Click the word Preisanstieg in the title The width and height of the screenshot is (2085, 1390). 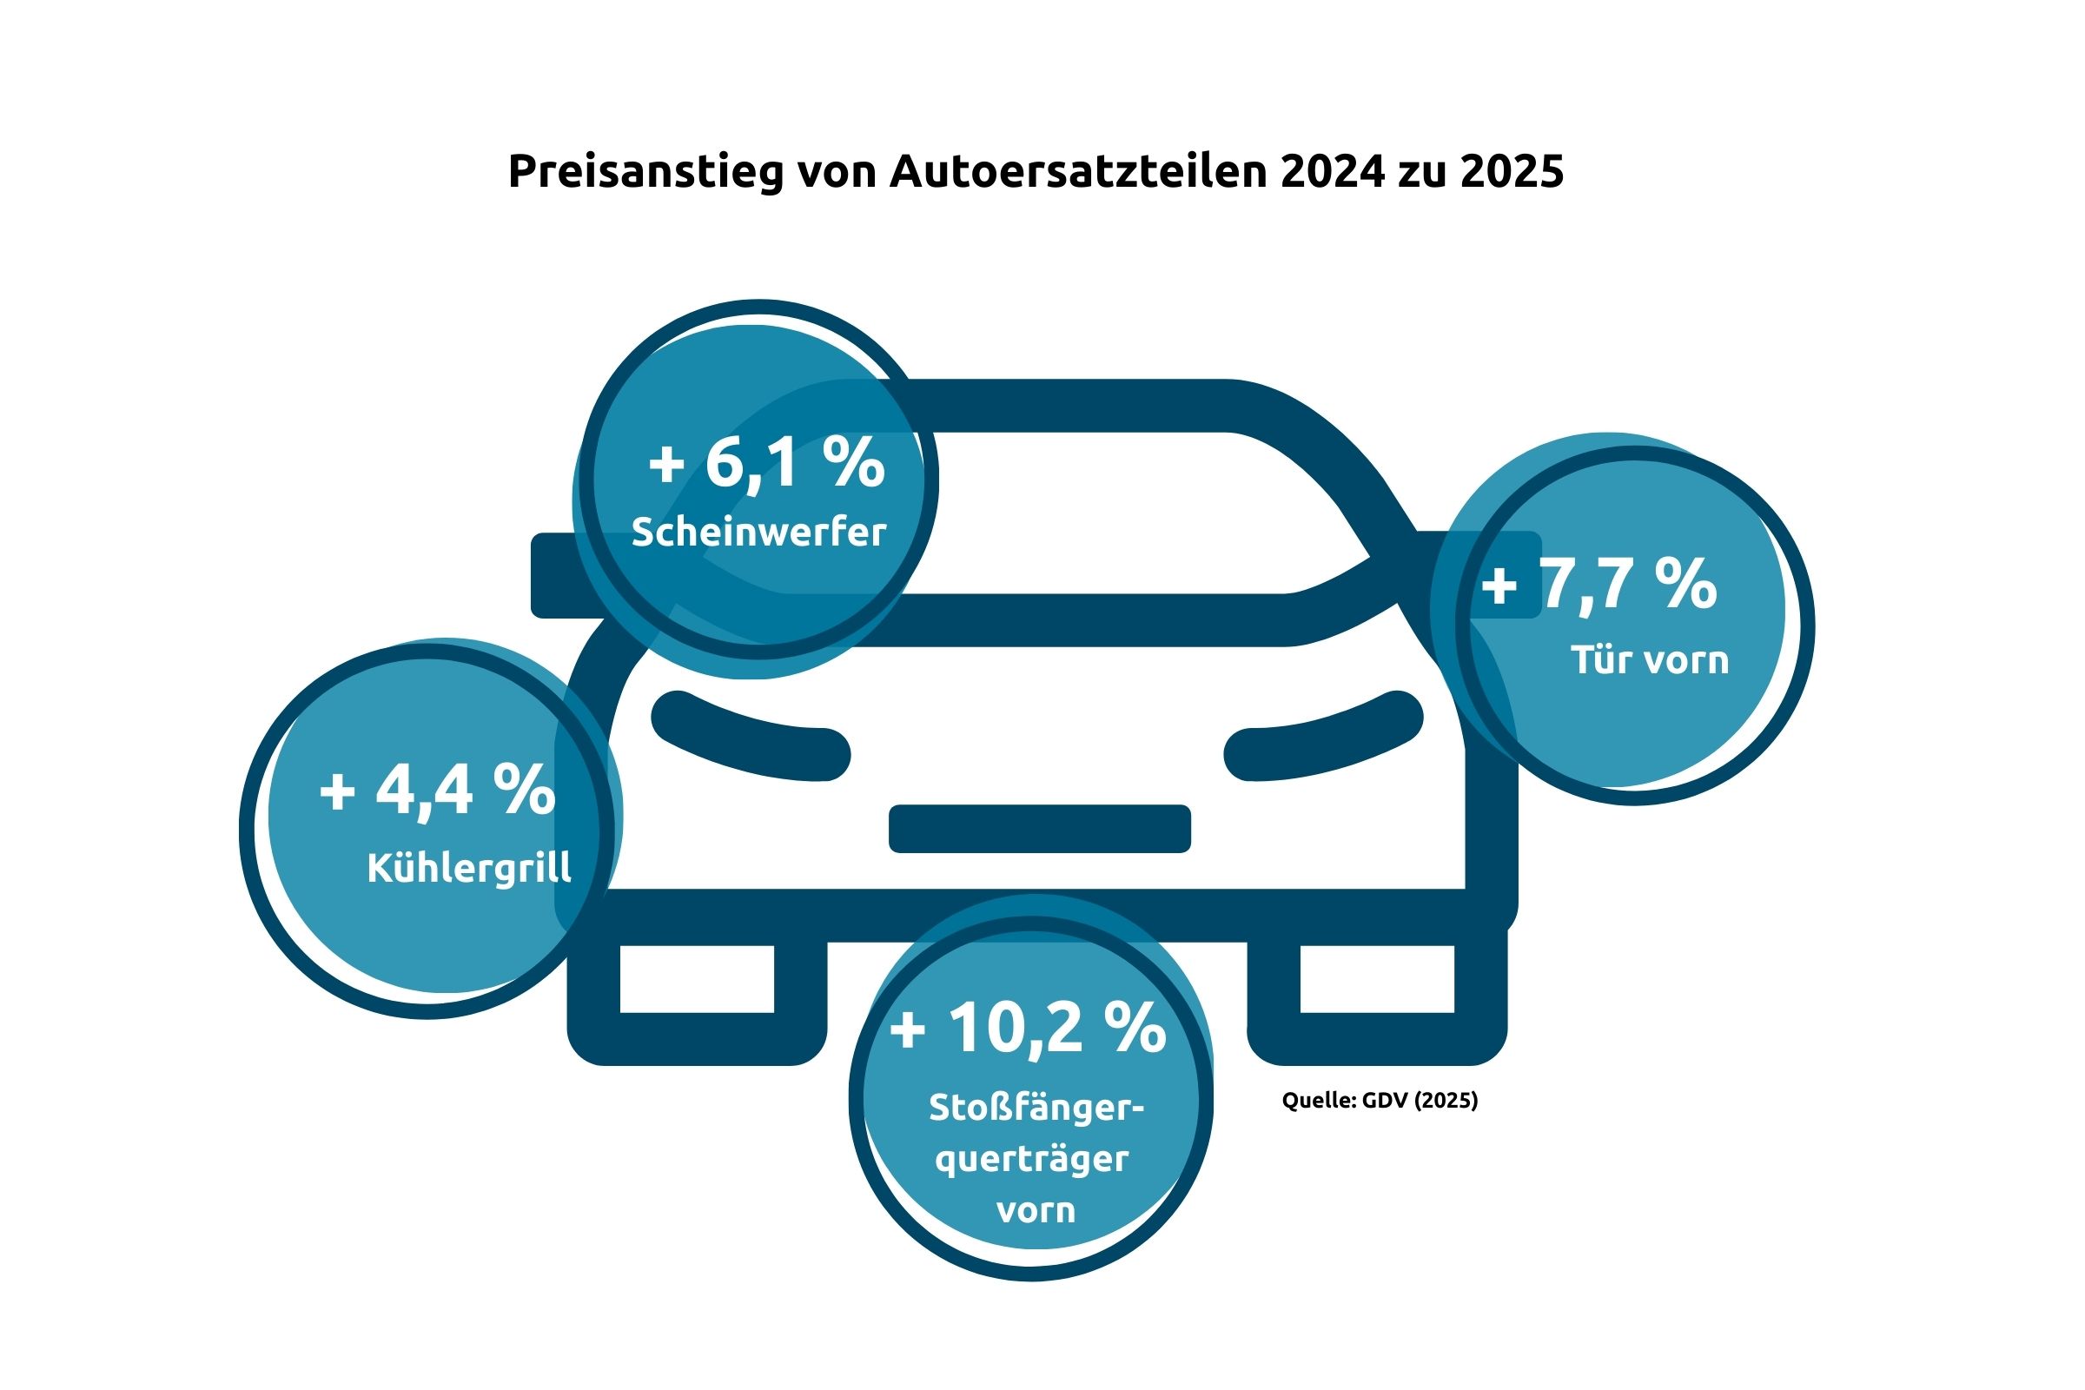[645, 172]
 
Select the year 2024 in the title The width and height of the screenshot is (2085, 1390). [1332, 172]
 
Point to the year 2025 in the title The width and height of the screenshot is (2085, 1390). [1512, 172]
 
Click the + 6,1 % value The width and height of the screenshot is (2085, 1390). [767, 463]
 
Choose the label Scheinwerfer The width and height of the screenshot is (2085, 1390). [758, 533]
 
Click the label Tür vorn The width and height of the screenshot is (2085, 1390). [1650, 660]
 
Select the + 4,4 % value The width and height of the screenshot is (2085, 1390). [437, 789]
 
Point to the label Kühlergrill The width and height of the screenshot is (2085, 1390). [469, 868]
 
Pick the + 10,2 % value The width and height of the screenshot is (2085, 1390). [1028, 1029]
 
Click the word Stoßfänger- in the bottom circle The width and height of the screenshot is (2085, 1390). [1036, 1109]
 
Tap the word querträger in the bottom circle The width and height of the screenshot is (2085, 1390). [1032, 1160]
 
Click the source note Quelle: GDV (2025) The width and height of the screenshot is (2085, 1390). [1380, 1100]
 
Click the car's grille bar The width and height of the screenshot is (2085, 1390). [1039, 829]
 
